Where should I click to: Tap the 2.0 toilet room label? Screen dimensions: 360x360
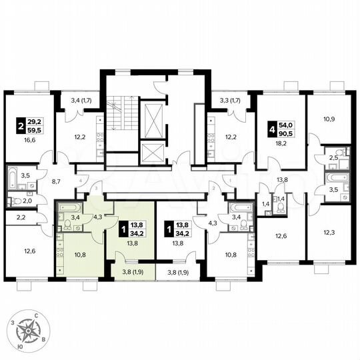27,201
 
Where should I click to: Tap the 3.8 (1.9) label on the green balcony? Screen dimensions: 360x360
131,271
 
